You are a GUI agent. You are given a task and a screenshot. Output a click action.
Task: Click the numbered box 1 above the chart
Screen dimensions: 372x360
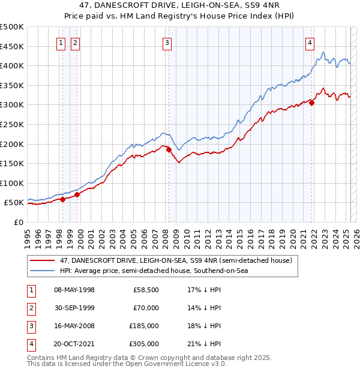click(62, 43)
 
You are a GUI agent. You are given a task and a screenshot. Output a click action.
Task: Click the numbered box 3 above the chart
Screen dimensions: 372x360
click(166, 43)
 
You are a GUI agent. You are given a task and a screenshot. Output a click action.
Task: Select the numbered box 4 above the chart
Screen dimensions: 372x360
click(310, 43)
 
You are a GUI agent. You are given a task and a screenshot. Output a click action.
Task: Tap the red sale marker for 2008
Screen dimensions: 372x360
click(169, 149)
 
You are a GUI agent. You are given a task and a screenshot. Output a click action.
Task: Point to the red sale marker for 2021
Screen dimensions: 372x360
click(312, 102)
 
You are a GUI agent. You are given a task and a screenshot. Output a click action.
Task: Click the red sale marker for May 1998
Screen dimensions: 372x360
click(62, 199)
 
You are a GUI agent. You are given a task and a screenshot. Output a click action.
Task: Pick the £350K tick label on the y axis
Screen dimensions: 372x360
click(12, 85)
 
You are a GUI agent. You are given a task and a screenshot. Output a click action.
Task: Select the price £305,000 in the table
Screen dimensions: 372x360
click(145, 344)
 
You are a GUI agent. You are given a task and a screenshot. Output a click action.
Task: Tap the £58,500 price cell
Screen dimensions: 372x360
click(146, 290)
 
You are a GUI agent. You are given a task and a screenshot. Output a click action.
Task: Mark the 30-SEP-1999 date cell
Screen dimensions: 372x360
click(74, 308)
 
